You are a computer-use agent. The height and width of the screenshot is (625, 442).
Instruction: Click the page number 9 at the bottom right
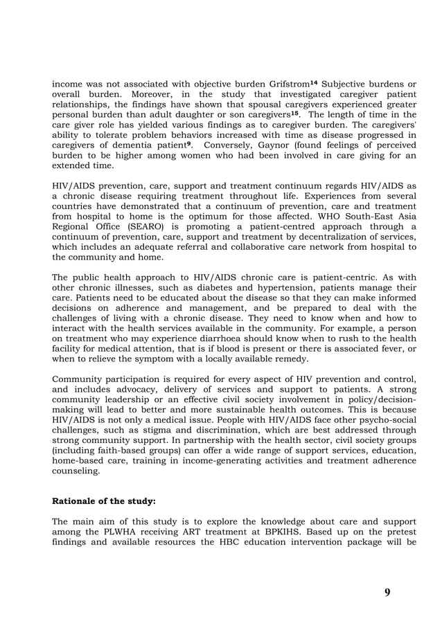point(387,592)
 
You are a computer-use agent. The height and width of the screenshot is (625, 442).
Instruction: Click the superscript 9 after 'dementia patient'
point(189,144)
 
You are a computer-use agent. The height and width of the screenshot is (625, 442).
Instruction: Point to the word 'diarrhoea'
point(236,338)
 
